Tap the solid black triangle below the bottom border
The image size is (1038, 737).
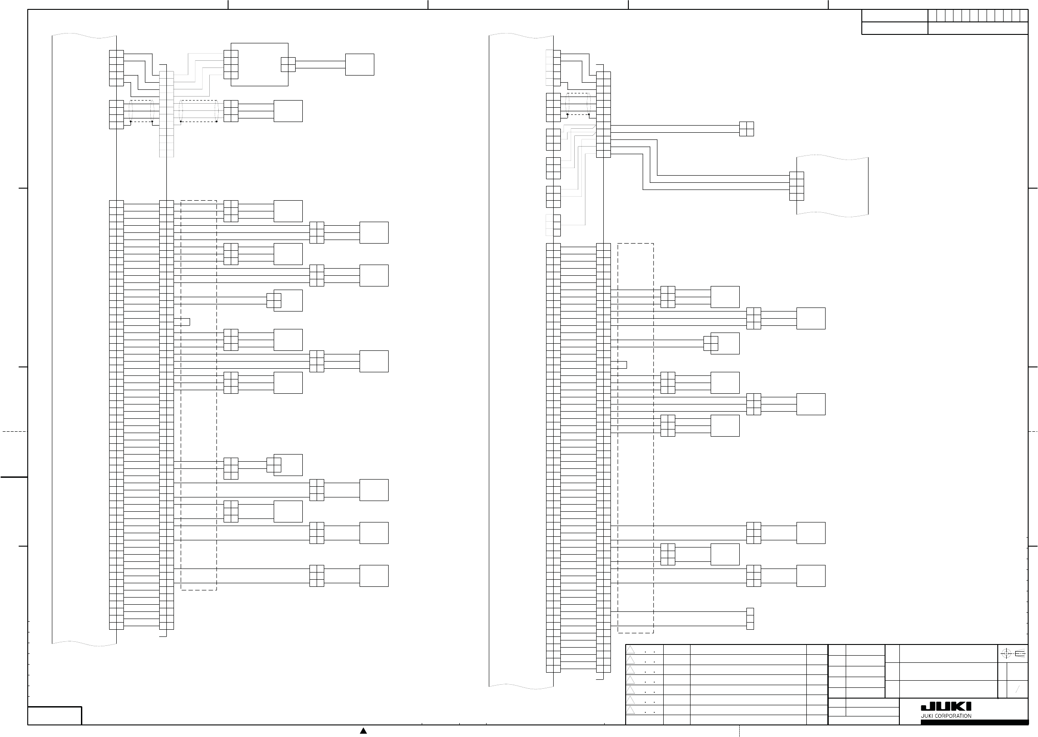[363, 731]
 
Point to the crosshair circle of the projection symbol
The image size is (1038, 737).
[1006, 654]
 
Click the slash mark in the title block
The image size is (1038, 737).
[1017, 690]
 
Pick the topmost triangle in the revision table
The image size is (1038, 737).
[630, 650]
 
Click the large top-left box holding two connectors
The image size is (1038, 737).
[259, 64]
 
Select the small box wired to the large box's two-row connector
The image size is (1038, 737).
[360, 64]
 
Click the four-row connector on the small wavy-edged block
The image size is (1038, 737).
[797, 186]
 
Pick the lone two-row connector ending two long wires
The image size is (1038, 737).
[746, 129]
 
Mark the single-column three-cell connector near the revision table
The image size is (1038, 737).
[750, 619]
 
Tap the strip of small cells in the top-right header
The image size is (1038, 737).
[978, 16]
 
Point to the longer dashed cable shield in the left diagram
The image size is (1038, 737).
[199, 111]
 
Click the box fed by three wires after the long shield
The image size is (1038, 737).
[288, 111]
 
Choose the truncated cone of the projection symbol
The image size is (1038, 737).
[1020, 654]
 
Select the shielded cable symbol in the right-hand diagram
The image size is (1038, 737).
[578, 104]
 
